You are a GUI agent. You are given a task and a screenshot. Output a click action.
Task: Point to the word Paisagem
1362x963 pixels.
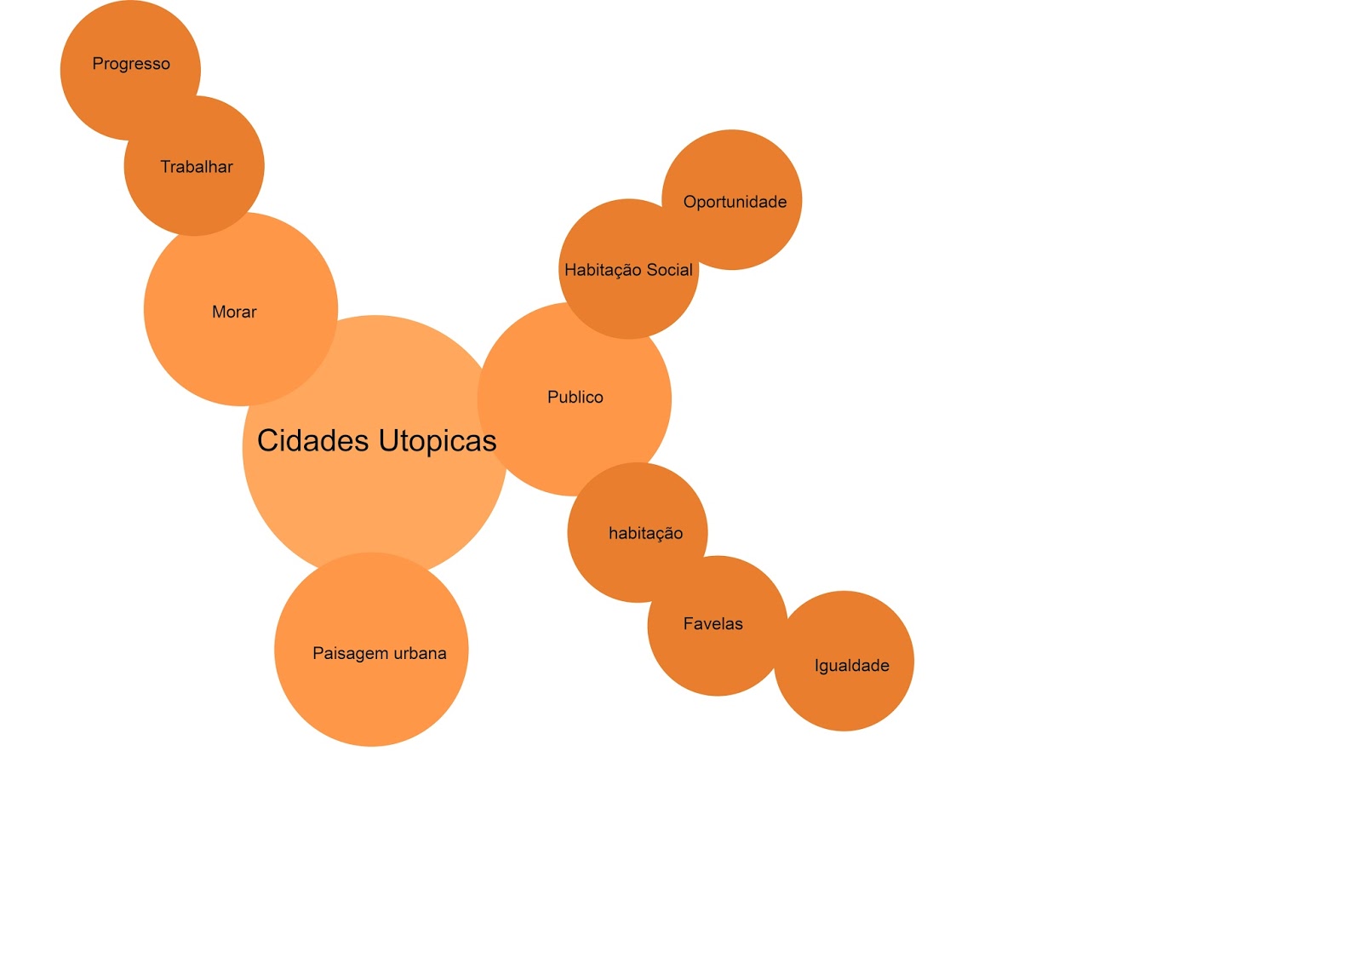point(349,654)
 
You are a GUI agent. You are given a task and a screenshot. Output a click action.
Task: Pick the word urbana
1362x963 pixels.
point(419,653)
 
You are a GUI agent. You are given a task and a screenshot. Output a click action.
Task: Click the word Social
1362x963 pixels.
point(670,270)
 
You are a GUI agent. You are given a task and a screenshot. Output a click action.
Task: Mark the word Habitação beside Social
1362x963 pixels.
point(603,270)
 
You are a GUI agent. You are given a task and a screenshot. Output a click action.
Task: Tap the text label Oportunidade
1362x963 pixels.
point(735,202)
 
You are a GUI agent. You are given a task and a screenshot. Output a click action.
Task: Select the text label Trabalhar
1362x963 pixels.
point(197,167)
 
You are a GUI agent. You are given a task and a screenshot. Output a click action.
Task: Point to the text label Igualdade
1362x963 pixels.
point(851,666)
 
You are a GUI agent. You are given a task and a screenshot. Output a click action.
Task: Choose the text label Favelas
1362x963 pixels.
point(712,624)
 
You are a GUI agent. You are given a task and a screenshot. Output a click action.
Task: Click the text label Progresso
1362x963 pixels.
point(131,64)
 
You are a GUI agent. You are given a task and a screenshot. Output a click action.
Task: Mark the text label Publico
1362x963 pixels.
point(575,397)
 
